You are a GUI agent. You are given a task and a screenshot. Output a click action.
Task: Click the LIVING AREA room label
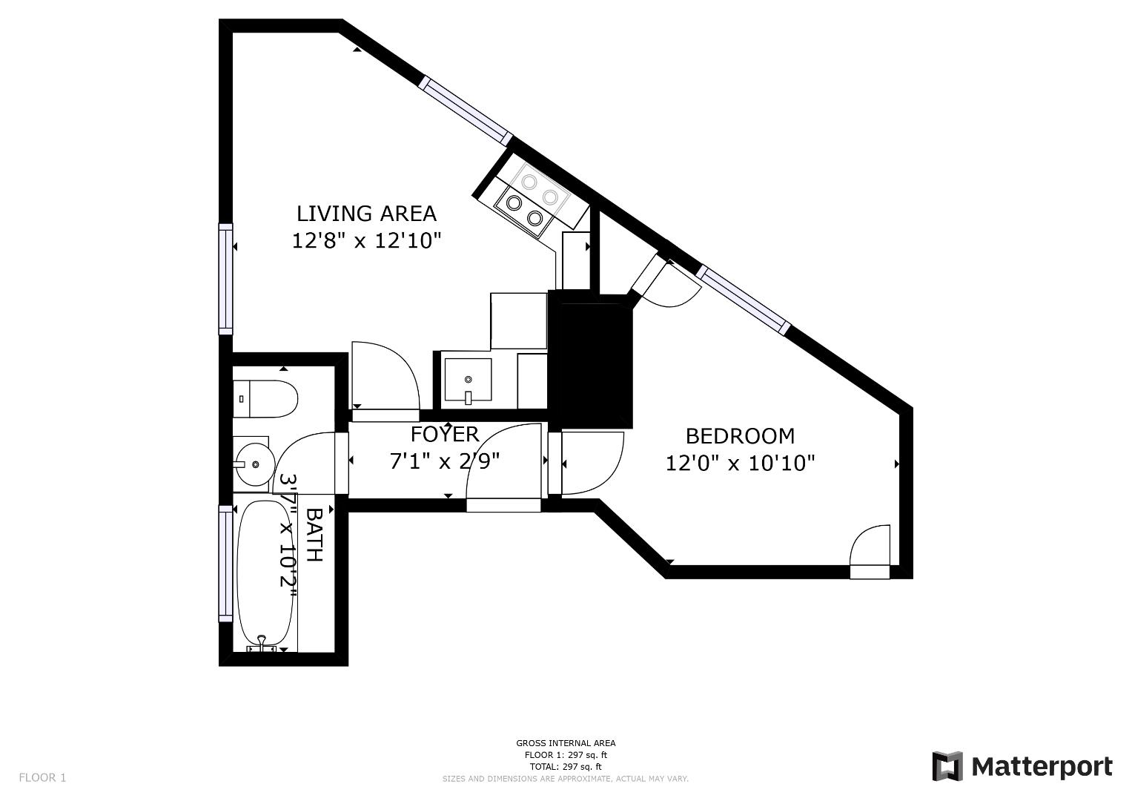[366, 214]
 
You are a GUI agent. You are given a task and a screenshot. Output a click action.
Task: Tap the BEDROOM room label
[740, 436]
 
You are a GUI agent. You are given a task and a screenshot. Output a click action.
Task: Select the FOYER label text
[445, 434]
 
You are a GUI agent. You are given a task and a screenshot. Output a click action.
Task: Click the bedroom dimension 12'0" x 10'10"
[740, 464]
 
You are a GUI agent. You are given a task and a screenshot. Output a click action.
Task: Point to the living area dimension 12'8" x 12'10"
[366, 241]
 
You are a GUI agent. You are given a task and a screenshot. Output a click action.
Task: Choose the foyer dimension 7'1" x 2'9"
[445, 461]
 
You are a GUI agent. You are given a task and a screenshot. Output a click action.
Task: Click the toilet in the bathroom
[265, 399]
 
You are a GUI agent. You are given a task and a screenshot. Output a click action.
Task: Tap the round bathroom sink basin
[252, 464]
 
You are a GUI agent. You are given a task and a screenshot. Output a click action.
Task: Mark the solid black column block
[591, 360]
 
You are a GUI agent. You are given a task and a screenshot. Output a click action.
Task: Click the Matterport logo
[1022, 766]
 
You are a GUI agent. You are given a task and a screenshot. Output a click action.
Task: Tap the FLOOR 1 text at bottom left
[42, 777]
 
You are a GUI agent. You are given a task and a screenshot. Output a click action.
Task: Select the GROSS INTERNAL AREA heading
[566, 743]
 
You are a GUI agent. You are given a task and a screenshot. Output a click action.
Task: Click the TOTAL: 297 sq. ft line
[566, 767]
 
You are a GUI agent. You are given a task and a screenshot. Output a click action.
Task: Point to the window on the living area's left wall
[225, 279]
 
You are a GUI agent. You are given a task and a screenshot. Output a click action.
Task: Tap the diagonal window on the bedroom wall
[744, 301]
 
